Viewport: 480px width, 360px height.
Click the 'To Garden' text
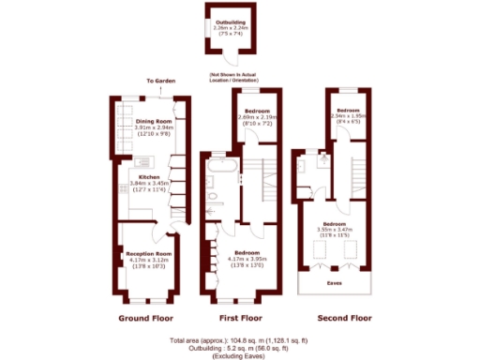pyautogui.click(x=161, y=82)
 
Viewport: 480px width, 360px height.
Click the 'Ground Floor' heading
pyautogui.click(x=149, y=319)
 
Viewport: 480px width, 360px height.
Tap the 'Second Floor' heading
pyautogui.click(x=344, y=319)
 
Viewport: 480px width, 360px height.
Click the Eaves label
pyautogui.click(x=333, y=280)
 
